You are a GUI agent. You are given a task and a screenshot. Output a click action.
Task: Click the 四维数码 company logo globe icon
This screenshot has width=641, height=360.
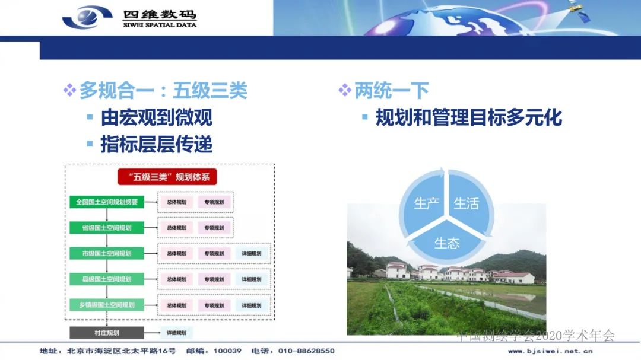87,17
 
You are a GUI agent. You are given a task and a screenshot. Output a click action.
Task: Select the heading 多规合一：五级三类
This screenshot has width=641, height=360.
163,91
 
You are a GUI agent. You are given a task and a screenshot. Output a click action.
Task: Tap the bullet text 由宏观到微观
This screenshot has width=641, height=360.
156,117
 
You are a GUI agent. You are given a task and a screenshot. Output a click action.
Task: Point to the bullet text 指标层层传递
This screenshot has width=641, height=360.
156,144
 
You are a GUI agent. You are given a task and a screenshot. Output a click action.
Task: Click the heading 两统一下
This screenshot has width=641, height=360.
391,91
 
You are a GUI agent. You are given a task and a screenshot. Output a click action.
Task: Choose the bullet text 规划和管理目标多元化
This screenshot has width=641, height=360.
468,117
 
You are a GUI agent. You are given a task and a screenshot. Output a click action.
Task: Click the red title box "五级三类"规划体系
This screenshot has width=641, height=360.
168,177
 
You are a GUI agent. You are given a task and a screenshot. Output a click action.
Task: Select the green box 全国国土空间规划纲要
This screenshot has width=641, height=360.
107,202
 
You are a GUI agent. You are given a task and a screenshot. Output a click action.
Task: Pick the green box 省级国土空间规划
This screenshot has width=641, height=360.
107,228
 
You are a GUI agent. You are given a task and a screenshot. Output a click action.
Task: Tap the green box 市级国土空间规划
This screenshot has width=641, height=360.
107,253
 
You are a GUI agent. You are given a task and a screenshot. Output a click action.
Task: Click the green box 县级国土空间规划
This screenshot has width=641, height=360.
107,279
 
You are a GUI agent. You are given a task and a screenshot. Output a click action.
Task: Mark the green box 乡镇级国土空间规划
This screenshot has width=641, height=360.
107,305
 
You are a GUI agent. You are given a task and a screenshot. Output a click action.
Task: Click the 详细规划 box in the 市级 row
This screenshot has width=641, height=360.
252,253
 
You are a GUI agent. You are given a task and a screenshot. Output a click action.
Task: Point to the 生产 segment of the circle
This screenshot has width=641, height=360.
426,203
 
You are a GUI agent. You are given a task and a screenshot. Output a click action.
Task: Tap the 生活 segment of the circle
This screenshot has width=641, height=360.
467,203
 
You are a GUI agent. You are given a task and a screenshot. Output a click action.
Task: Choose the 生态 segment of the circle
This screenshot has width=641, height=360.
446,243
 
